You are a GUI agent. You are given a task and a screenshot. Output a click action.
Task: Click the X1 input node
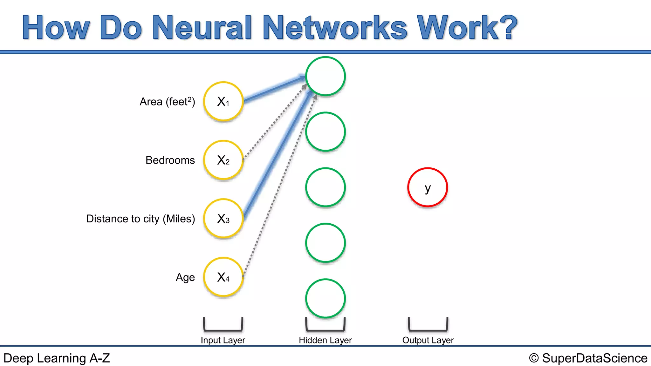point(223,102)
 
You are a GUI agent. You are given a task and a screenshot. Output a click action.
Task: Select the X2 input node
point(223,160)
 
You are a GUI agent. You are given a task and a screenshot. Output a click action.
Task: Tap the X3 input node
point(223,219)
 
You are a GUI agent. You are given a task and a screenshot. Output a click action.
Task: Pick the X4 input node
point(223,277)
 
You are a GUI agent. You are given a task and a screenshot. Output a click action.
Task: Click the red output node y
point(428,187)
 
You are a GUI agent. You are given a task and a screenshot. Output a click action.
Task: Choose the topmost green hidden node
point(325,76)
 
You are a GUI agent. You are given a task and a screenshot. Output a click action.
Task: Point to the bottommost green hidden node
point(325,299)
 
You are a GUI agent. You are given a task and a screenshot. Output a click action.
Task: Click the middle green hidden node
point(325,187)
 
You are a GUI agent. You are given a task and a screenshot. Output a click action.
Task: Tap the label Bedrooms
point(170,160)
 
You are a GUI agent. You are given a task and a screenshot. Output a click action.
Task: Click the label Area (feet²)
point(167,102)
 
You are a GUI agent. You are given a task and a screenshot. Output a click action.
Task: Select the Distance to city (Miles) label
point(140,219)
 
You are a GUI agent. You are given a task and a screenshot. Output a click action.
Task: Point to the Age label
point(185,277)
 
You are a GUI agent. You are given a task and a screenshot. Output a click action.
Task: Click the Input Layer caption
point(223,340)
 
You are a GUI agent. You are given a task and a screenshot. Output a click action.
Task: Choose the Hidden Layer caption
point(325,340)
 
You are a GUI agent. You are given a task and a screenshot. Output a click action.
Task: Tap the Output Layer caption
point(428,340)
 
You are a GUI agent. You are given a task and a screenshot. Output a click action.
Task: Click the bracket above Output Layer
point(428,329)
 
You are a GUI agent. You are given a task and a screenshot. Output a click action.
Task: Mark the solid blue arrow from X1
point(273,89)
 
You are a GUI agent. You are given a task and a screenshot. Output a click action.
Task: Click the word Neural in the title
point(202,28)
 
